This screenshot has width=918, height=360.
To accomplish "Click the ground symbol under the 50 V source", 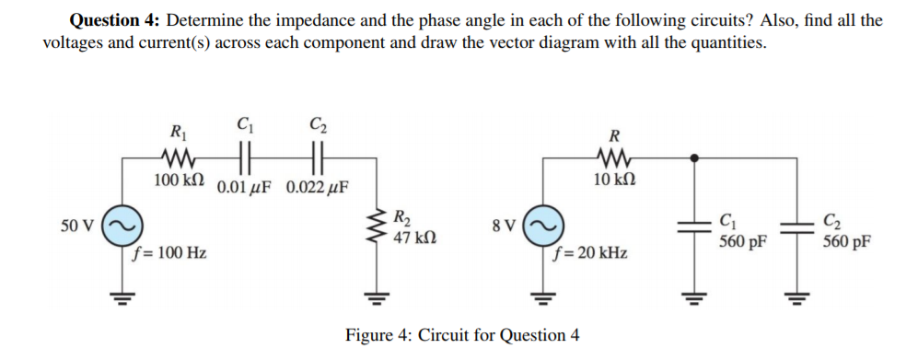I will click(x=122, y=296).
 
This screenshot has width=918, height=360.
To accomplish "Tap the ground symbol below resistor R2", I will click(x=376, y=296).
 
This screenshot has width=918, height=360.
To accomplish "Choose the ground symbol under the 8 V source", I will click(x=541, y=296).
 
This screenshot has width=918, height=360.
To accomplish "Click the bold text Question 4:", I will click(x=115, y=20).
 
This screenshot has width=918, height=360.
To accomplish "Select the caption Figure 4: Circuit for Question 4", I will click(x=462, y=334).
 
